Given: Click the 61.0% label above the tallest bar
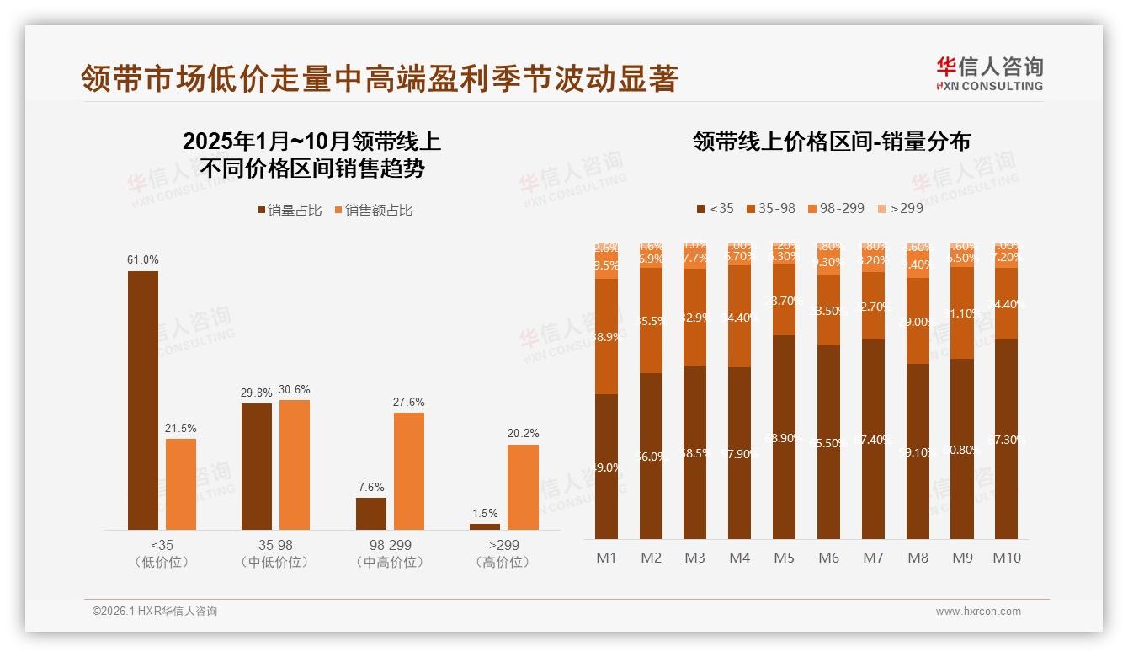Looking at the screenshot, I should [x=142, y=260].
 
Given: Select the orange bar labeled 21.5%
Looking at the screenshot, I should [x=180, y=483].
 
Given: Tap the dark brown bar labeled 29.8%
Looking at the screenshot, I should [x=257, y=466].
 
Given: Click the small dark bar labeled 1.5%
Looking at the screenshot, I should [x=485, y=526].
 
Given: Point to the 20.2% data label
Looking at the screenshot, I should [x=523, y=433].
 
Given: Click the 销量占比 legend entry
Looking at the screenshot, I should [x=290, y=211].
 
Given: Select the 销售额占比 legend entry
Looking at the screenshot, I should [x=374, y=211].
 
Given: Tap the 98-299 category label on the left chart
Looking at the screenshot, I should [x=391, y=546].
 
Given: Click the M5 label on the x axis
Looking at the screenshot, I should [x=784, y=558].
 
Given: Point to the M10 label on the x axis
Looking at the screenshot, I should [x=1006, y=558].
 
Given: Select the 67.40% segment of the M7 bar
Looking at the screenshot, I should [x=873, y=439].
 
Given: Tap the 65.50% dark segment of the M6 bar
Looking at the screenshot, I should [x=828, y=442].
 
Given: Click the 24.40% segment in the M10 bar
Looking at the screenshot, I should [x=1006, y=304].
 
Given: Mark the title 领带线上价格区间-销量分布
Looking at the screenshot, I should [x=831, y=141].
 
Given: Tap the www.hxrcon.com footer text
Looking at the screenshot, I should [x=978, y=612].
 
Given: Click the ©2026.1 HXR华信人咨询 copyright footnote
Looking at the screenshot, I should [x=155, y=612].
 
